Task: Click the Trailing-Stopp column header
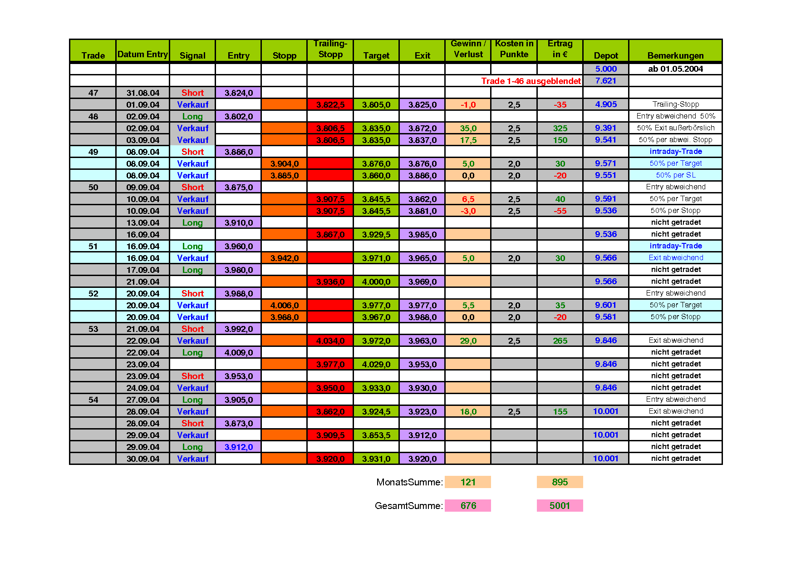click(x=330, y=49)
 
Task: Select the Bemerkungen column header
click(x=675, y=55)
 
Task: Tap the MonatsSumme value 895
click(x=560, y=482)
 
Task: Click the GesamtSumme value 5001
click(x=560, y=506)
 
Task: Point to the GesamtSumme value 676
click(x=468, y=506)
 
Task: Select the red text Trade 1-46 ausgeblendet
click(x=531, y=81)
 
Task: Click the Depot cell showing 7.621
click(x=605, y=81)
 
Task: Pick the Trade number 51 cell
click(x=93, y=246)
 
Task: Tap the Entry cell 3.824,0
click(x=238, y=93)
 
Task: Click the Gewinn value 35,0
click(x=468, y=128)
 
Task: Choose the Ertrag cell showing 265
click(x=560, y=341)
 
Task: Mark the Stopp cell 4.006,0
click(x=284, y=305)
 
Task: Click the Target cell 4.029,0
click(x=376, y=364)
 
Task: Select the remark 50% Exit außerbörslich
click(x=675, y=128)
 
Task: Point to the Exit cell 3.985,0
click(x=422, y=234)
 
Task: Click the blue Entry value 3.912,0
click(x=238, y=447)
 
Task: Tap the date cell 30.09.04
click(x=143, y=459)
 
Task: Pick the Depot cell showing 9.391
click(x=605, y=128)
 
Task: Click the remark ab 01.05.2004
click(x=675, y=69)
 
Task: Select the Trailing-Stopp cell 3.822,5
click(x=330, y=104)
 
